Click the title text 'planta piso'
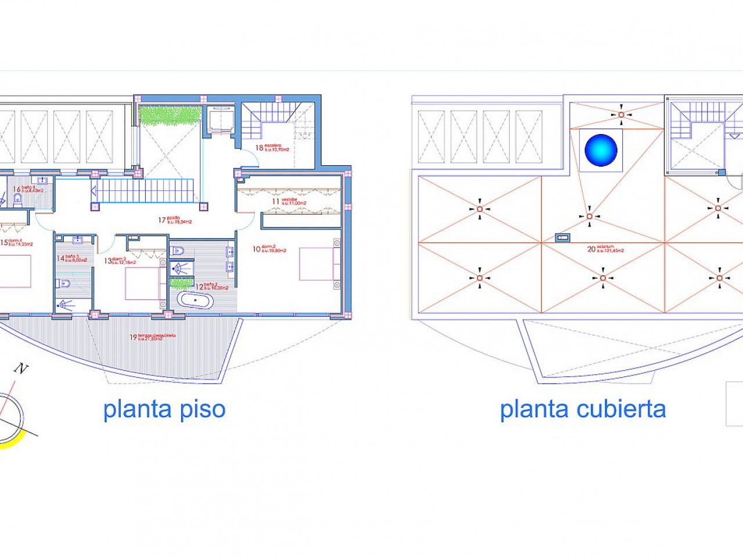tap(164, 409)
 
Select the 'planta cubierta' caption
tap(583, 409)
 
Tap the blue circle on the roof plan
tap(601, 150)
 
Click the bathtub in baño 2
tap(196, 301)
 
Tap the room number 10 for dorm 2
tap(256, 249)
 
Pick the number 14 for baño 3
tap(60, 259)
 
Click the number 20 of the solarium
tap(591, 249)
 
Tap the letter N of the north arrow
tap(22, 368)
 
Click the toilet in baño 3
tap(64, 283)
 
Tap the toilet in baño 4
tap(18, 200)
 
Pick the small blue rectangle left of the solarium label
tap(561, 237)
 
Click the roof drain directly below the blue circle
tap(589, 216)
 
